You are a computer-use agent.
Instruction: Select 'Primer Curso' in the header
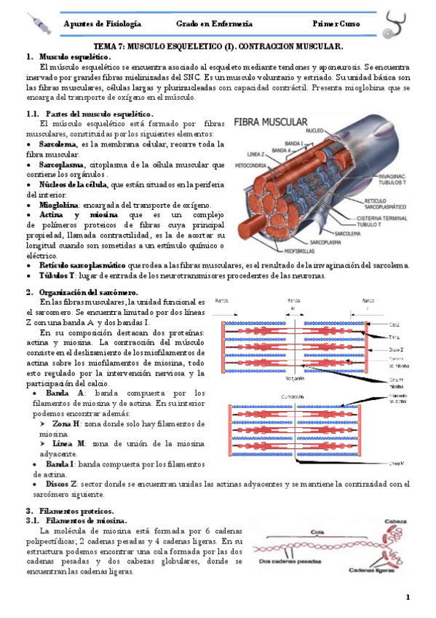coord(338,24)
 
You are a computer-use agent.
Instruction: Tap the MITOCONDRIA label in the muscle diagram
coord(249,165)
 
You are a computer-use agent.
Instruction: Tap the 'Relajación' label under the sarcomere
coord(295,378)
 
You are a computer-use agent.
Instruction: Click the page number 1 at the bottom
coord(408,598)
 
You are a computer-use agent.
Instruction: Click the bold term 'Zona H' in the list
coord(68,423)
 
